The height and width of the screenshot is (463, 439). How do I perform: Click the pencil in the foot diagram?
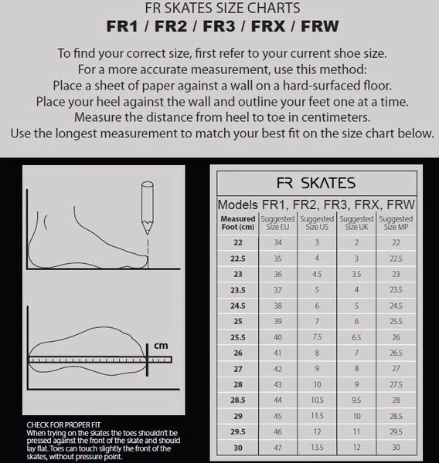point(148,208)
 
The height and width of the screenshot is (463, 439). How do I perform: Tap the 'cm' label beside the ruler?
point(161,345)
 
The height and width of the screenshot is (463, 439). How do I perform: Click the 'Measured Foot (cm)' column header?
point(238,223)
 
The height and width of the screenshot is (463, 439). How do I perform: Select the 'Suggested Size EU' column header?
point(277,223)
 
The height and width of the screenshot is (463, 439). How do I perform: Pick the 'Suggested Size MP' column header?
point(396,223)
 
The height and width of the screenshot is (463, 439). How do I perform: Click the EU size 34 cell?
point(277,242)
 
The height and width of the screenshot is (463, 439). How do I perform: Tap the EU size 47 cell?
point(277,448)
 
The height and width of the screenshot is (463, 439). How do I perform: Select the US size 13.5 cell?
point(317,448)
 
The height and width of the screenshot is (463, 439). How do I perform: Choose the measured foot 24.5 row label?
point(238,306)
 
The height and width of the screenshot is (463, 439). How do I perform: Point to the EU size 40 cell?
point(277,337)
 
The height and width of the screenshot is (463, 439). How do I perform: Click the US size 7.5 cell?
point(317,337)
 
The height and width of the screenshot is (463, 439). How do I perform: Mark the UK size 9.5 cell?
point(356,400)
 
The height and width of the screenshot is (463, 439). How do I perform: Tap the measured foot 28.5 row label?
point(238,400)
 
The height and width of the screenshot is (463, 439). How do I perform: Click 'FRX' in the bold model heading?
point(268,26)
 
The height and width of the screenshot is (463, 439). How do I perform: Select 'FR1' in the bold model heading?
point(122,26)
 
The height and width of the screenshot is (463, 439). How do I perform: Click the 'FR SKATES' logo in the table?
point(316,183)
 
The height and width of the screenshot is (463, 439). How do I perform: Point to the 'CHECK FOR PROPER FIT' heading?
point(63,425)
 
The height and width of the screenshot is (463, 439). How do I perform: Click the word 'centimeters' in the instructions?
point(335,117)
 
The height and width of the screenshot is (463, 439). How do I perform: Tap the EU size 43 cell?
point(277,384)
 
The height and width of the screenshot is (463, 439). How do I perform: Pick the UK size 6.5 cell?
point(356,337)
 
